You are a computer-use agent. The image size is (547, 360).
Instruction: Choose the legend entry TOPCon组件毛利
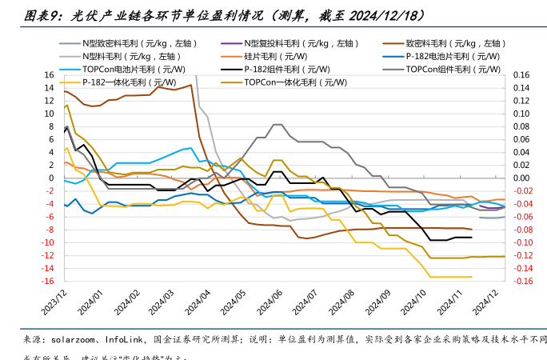[x=450, y=69]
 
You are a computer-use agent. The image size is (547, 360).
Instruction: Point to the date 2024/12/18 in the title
[x=377, y=15]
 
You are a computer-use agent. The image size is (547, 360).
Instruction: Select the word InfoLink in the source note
[x=130, y=338]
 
